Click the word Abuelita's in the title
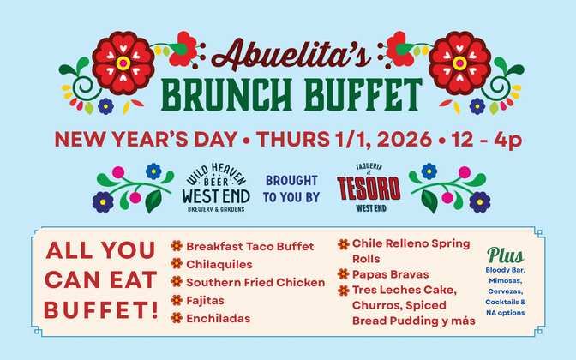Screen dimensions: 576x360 pos(291,54)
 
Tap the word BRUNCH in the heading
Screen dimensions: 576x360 pos(226,95)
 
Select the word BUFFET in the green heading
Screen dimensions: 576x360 pos(363,95)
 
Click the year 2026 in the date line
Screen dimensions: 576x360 pos(404,139)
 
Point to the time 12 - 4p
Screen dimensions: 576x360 pos(487,140)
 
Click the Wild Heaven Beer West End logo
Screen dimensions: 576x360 pos(216,188)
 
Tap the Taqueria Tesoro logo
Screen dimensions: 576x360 pos(369,188)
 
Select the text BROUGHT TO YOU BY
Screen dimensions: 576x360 pos(291,189)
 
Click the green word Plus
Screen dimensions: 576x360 pos(505,255)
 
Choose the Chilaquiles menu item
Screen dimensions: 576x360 pos(219,265)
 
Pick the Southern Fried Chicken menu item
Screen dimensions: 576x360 pos(255,283)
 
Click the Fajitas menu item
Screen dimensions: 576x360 pos(206,301)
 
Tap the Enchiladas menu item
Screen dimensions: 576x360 pos(219,319)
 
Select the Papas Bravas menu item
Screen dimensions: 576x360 pos(391,274)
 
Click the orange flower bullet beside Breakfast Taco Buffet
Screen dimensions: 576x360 pos(177,246)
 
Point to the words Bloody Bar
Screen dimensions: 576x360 pos(505,270)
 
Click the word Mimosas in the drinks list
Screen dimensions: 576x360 pos(505,281)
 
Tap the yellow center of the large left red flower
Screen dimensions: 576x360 pos(123,63)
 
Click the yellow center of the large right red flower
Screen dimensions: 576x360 pos(459,63)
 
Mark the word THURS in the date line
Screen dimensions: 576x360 pos(293,139)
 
